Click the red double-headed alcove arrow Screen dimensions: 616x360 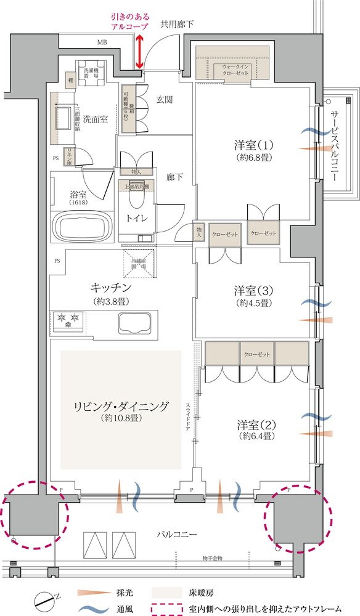[x=141, y=52]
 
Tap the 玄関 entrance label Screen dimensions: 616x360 [x=164, y=100]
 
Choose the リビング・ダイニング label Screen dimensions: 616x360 [x=120, y=407]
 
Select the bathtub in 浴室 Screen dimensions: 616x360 [x=82, y=227]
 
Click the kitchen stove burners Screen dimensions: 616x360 [x=68, y=318]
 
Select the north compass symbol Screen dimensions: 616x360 [x=45, y=598]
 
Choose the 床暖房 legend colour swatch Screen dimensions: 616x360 [x=172, y=593]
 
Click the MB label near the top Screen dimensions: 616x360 [x=101, y=43]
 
